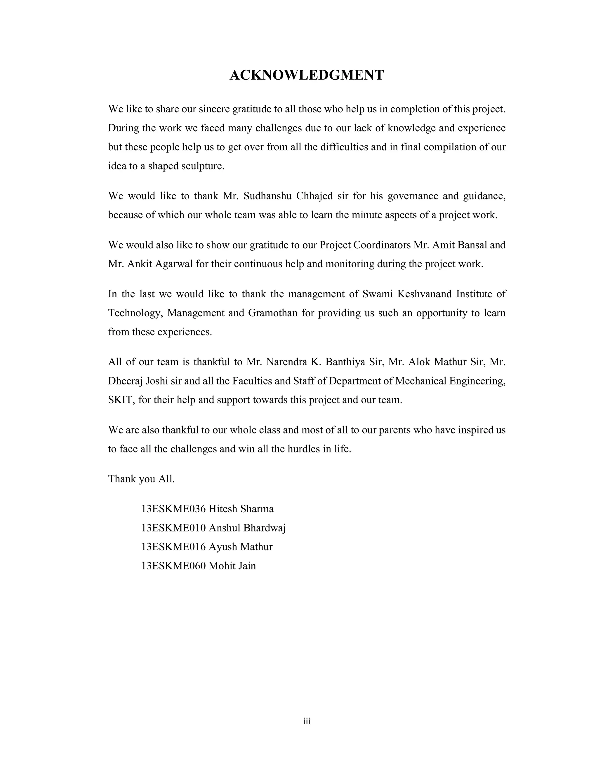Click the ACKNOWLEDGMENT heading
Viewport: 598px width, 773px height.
[306, 75]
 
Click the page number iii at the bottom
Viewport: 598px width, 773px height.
[307, 721]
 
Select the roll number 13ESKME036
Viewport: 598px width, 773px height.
[173, 509]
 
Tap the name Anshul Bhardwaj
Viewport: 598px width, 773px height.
[247, 528]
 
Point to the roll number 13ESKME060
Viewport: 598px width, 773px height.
[173, 566]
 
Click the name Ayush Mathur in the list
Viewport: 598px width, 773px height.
[241, 547]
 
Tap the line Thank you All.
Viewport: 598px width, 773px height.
[141, 479]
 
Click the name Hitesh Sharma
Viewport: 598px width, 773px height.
[241, 509]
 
